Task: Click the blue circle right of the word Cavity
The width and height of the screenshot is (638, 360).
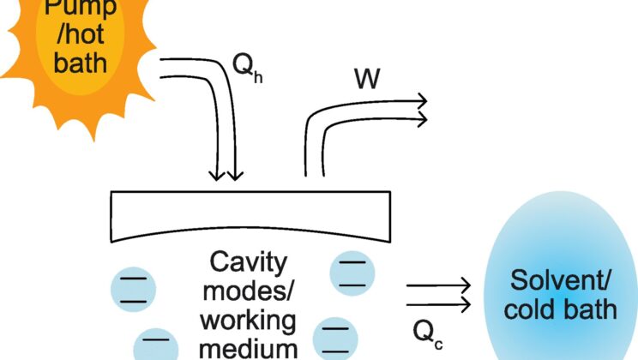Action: coord(351,271)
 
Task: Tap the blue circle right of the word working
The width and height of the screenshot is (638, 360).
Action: coord(334,338)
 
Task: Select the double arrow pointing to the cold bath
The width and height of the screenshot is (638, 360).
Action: coord(437,294)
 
